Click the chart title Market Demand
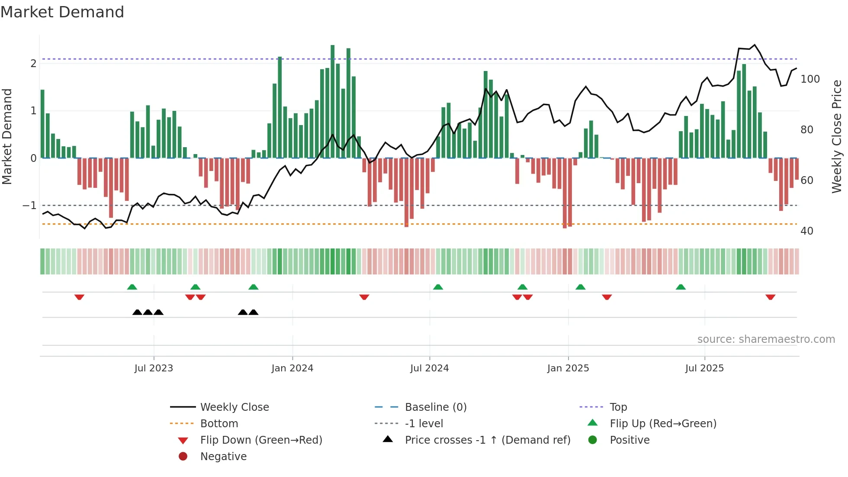(x=62, y=12)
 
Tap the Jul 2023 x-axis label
(x=154, y=368)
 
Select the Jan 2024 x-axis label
(x=292, y=368)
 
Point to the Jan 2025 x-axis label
(x=568, y=368)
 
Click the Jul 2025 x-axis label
(x=704, y=368)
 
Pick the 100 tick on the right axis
(x=810, y=79)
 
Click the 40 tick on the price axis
(x=807, y=231)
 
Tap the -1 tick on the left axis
(x=29, y=206)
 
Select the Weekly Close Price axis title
(x=837, y=136)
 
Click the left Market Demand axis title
(x=7, y=136)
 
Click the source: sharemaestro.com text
(x=766, y=339)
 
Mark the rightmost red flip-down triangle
(x=770, y=297)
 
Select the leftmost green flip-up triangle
(x=132, y=287)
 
